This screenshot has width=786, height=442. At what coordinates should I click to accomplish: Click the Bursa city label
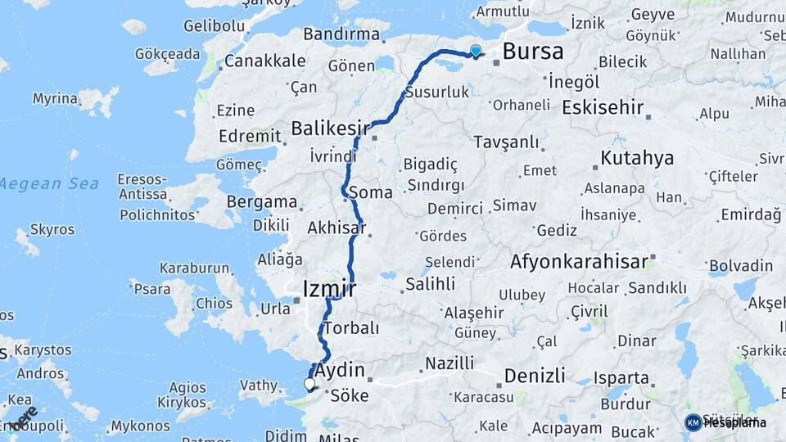click(533, 52)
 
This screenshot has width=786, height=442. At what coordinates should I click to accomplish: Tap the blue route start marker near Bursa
click(476, 52)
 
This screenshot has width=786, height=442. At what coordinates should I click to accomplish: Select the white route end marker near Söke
click(309, 383)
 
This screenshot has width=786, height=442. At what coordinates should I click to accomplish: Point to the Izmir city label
click(329, 289)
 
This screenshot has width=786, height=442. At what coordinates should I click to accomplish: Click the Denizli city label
click(535, 376)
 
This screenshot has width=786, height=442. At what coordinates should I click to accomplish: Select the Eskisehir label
click(603, 107)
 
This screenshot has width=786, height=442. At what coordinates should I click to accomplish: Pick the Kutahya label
click(637, 157)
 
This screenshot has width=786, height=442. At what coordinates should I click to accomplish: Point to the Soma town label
click(370, 193)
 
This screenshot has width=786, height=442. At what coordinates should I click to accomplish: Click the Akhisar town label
click(337, 228)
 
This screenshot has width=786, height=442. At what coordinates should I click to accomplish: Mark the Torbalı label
click(351, 327)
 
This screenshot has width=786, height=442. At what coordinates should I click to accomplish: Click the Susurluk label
click(443, 92)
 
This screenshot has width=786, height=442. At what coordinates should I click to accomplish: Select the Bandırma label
click(341, 34)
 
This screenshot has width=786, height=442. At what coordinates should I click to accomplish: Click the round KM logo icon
click(693, 422)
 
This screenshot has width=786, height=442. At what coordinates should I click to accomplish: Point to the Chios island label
click(214, 303)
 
